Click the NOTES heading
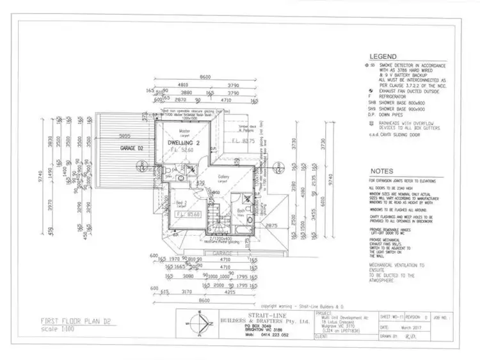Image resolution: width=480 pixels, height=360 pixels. click(382, 171)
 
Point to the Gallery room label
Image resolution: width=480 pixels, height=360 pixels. click(223, 177)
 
